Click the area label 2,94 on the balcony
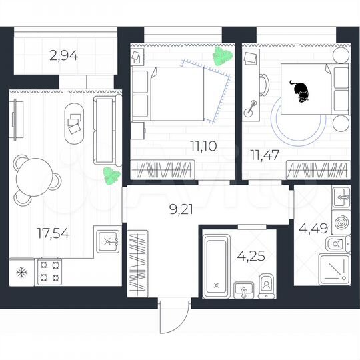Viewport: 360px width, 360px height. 64,56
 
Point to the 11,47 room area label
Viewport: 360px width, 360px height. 264,155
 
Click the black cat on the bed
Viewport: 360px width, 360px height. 299,91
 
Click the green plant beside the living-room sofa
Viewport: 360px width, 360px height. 110,175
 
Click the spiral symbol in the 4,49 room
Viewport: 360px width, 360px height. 340,221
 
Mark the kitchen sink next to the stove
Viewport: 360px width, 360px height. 108,241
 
